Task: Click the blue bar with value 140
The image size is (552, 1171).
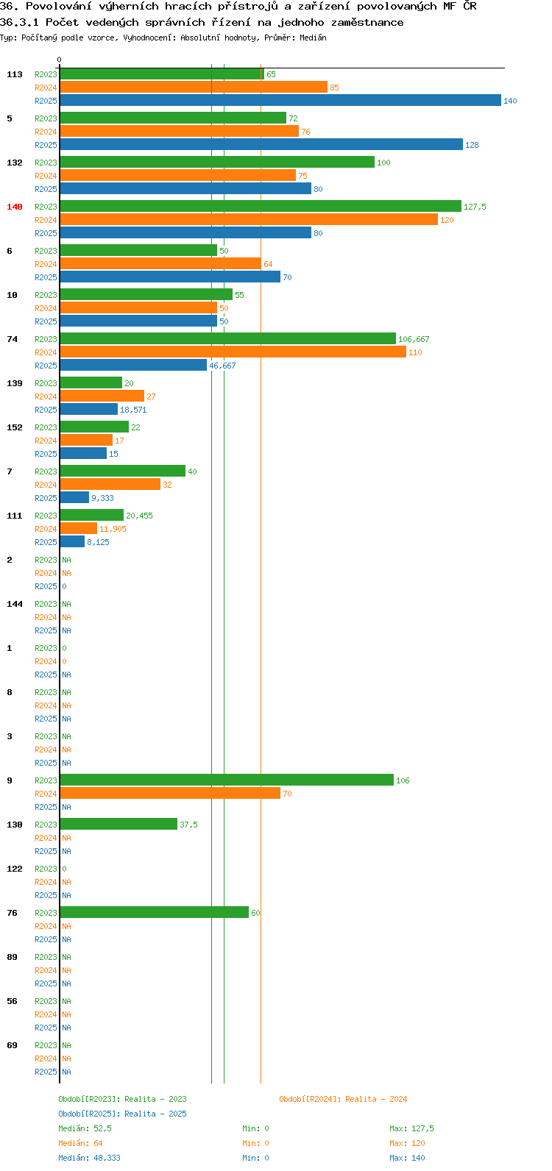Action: point(280,100)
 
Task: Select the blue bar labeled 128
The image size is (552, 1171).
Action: point(261,144)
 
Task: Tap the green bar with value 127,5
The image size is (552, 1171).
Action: point(261,207)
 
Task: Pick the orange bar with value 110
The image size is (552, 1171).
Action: point(233,352)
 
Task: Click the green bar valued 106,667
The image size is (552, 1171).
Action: point(228,339)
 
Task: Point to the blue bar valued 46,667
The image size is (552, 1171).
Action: point(133,365)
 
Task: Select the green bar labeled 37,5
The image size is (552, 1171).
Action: point(118,824)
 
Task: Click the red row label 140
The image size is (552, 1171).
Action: point(15,207)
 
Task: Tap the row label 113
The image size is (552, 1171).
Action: point(15,74)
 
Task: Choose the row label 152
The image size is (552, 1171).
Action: point(15,427)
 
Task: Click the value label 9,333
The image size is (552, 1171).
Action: point(102,498)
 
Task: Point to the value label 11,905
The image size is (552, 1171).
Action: point(113,529)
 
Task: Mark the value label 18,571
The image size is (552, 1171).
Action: point(133,410)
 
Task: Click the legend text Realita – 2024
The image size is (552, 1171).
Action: point(376,1099)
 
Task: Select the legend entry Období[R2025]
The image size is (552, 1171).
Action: point(90,1114)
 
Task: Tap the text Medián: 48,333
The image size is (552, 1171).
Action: point(90,1158)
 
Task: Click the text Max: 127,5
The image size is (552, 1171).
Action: point(411,1128)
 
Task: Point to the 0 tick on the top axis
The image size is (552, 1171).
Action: point(59,60)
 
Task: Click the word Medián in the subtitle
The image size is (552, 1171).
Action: point(313,38)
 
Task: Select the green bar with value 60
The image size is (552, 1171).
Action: point(155,912)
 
